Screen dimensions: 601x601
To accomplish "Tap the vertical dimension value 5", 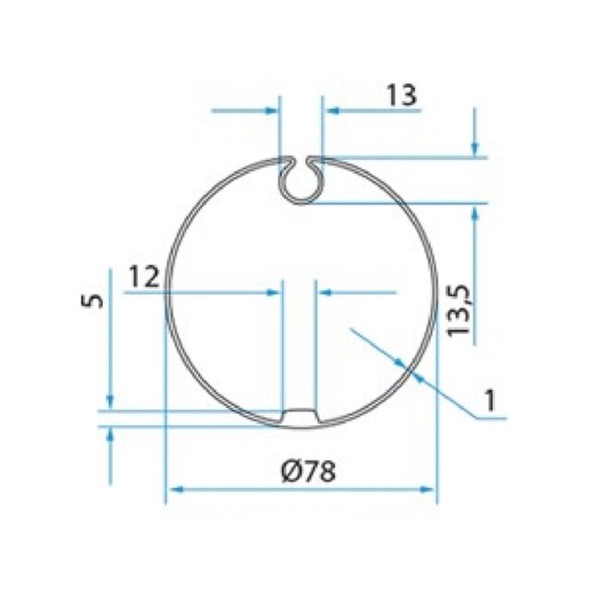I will [x=89, y=302].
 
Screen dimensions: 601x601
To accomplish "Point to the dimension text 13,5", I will [x=460, y=310].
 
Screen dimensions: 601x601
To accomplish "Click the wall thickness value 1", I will [x=490, y=401].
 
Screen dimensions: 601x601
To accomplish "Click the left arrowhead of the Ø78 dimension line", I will [x=173, y=490].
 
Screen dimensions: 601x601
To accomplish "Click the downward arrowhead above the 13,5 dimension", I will [x=476, y=148].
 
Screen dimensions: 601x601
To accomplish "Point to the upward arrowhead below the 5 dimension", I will [x=110, y=436].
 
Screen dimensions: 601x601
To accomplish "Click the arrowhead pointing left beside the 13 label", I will [x=331, y=110].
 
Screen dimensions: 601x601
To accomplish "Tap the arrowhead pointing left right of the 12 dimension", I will [x=325, y=292].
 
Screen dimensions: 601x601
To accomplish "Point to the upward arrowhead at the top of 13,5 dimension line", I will [x=476, y=213].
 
